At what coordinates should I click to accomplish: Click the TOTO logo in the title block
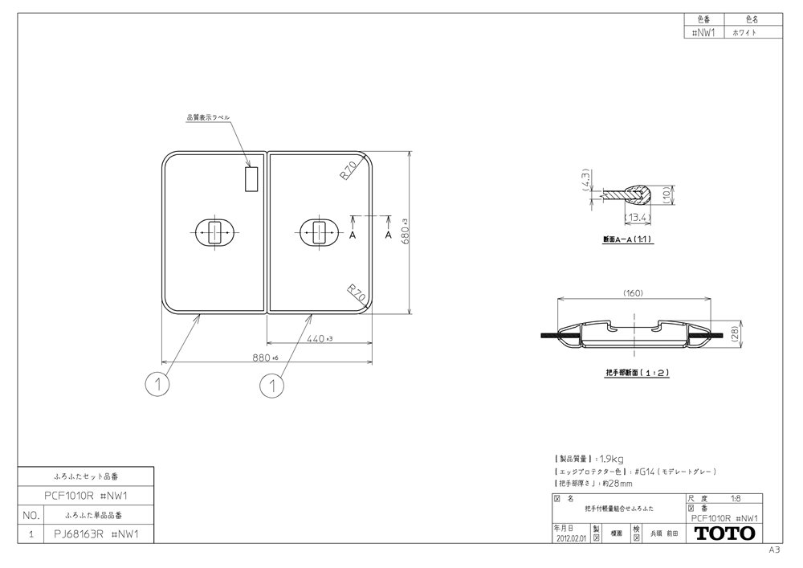[724, 533]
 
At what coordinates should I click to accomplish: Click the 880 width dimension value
[261, 358]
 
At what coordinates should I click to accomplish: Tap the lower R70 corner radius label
[357, 293]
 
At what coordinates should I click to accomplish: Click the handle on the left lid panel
[214, 234]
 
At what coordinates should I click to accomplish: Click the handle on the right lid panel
[319, 234]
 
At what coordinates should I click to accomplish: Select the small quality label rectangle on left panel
[250, 179]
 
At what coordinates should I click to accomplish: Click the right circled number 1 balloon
[272, 386]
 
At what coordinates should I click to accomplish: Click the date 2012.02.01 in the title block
[571, 539]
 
